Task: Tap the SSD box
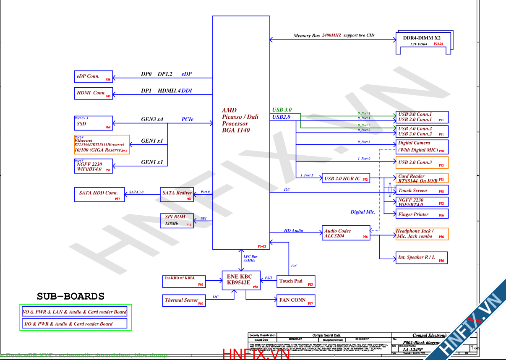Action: click(93, 123)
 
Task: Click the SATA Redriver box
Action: click(177, 194)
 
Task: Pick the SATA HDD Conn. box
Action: click(99, 194)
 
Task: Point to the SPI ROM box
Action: click(177, 221)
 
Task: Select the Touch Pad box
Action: click(296, 282)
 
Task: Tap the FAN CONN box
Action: click(296, 300)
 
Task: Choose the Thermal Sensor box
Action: click(184, 300)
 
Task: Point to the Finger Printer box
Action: click(422, 214)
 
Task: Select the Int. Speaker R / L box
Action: click(421, 257)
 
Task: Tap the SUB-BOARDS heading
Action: click(70, 296)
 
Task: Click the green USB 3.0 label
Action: click(282, 110)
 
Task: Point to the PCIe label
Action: click(187, 120)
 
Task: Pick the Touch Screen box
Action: click(422, 190)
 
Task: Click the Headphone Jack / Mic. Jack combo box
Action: click(422, 234)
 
